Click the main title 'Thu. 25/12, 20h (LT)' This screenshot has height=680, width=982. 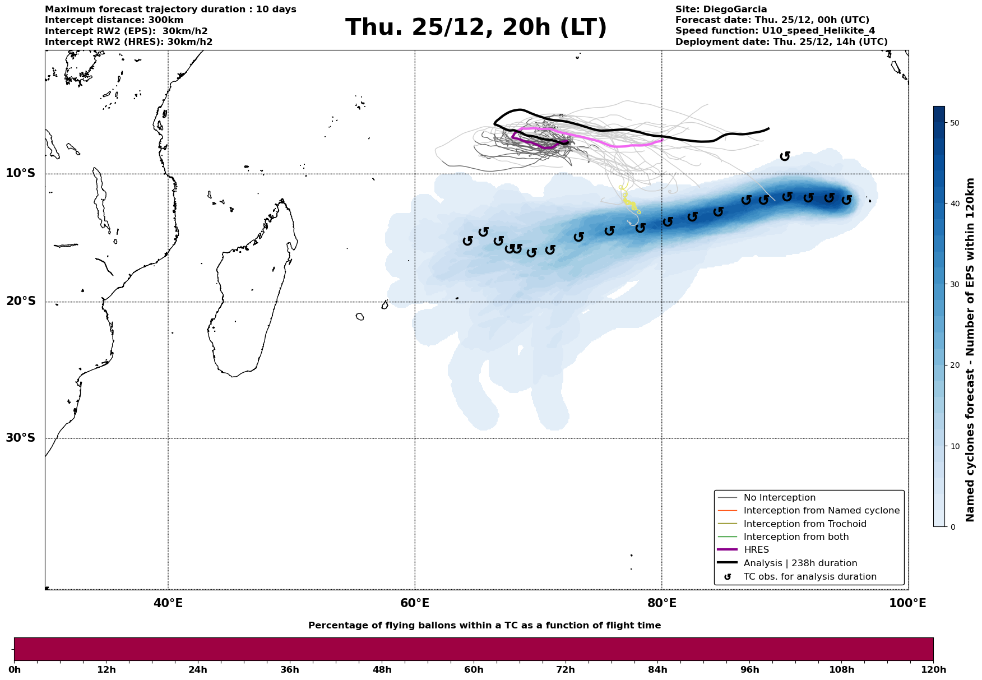[x=476, y=27]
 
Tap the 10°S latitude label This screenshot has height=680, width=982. [x=21, y=173]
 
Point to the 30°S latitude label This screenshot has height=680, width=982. [x=21, y=438]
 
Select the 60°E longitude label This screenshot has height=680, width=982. [x=415, y=603]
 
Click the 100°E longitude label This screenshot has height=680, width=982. [x=907, y=603]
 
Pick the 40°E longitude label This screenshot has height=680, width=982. [x=168, y=603]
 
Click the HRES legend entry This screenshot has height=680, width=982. [x=756, y=550]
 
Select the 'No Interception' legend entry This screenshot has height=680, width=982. [x=779, y=498]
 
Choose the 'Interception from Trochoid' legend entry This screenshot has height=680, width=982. [x=804, y=524]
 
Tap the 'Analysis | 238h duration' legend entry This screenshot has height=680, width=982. [x=800, y=563]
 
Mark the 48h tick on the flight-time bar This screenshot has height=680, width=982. [x=382, y=670]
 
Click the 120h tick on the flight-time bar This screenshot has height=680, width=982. [x=932, y=670]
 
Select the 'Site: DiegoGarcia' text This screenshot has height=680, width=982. [x=721, y=10]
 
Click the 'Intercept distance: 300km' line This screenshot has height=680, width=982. [x=114, y=20]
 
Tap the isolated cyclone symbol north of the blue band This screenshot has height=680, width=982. [x=785, y=156]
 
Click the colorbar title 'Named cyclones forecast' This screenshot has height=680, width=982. [x=971, y=350]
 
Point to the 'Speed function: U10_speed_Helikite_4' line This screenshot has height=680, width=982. [x=775, y=31]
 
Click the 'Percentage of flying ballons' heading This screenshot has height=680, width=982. [x=484, y=626]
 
